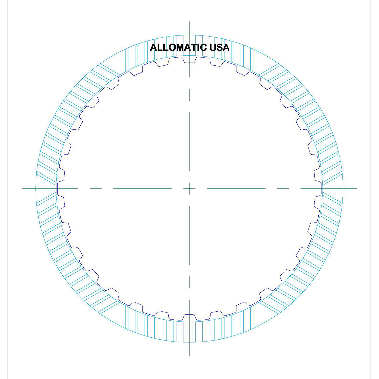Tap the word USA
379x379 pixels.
(x=219, y=48)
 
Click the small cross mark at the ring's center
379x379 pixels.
(x=189, y=188)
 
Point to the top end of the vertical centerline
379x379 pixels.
(x=189, y=22)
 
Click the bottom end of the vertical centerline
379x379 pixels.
(x=189, y=355)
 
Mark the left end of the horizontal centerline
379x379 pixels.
(x=22, y=188)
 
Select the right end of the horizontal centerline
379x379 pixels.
(x=356, y=188)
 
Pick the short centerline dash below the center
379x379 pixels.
(x=189, y=282)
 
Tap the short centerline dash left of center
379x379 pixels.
(x=96, y=188)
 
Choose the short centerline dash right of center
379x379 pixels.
(x=283, y=188)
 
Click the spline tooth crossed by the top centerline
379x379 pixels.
(x=189, y=61)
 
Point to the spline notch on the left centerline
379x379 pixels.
(x=58, y=188)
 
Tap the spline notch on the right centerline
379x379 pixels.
(x=321, y=188)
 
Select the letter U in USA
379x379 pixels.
(x=213, y=48)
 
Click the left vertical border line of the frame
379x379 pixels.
(x=8, y=189)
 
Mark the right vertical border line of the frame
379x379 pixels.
(x=371, y=189)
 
